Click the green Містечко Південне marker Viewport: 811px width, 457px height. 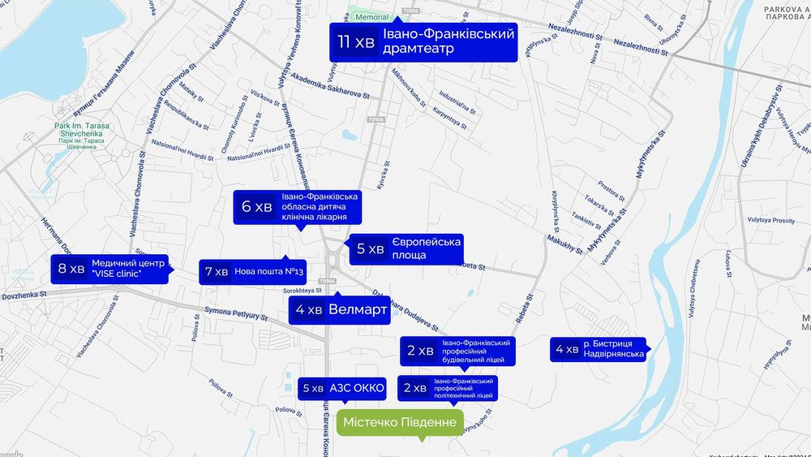click(399, 423)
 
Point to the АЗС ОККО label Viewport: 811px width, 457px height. click(357, 388)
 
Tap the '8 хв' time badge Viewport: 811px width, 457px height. click(71, 269)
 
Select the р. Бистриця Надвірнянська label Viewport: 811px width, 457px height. click(612, 349)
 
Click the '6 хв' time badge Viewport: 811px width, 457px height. click(257, 207)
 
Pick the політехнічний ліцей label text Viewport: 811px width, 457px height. click(463, 388)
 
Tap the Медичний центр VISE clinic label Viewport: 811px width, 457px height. click(127, 269)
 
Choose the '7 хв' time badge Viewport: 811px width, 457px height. click(217, 272)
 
